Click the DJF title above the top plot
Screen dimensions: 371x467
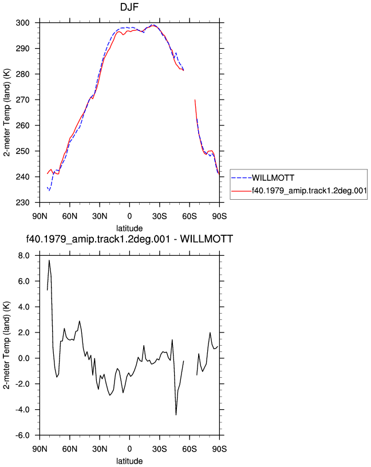129,6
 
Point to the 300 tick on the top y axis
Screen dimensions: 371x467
23,23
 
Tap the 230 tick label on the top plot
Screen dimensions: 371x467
23,203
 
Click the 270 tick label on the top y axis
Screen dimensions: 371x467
23,100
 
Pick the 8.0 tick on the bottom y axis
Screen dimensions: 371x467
24,256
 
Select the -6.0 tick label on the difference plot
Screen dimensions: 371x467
23,436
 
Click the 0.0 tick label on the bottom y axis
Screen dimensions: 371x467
24,358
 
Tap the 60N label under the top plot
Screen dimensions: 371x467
70,216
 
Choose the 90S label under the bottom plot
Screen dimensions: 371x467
219,449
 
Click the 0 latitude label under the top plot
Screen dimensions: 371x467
129,216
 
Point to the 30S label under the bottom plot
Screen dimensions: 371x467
159,449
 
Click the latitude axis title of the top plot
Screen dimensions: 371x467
129,228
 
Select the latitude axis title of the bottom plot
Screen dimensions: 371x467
129,461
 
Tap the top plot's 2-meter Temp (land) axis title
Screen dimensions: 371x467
7,112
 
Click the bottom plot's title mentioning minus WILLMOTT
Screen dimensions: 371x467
129,239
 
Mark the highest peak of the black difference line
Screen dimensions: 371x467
49,260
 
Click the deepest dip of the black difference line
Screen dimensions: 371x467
176,414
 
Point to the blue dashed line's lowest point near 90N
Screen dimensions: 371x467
49,191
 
